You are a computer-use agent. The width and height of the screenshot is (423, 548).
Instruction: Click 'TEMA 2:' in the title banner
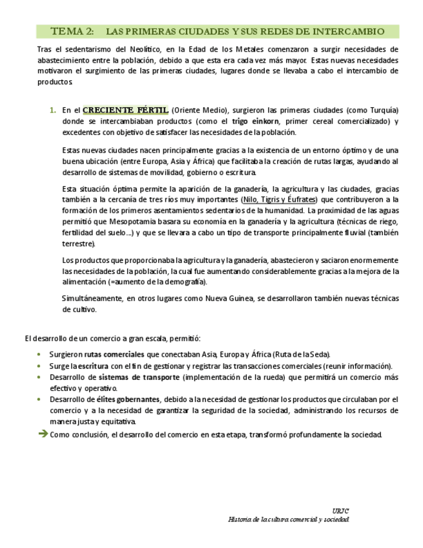click(72, 31)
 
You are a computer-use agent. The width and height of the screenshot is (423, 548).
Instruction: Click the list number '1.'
click(53, 111)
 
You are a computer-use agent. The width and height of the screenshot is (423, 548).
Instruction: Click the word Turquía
click(382, 111)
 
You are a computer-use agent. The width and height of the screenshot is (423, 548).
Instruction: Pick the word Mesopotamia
click(127, 222)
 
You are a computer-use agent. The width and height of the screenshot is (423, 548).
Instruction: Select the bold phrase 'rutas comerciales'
click(114, 355)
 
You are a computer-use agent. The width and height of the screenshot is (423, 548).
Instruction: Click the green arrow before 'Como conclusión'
click(43, 434)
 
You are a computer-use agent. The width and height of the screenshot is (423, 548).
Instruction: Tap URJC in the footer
click(340, 511)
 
